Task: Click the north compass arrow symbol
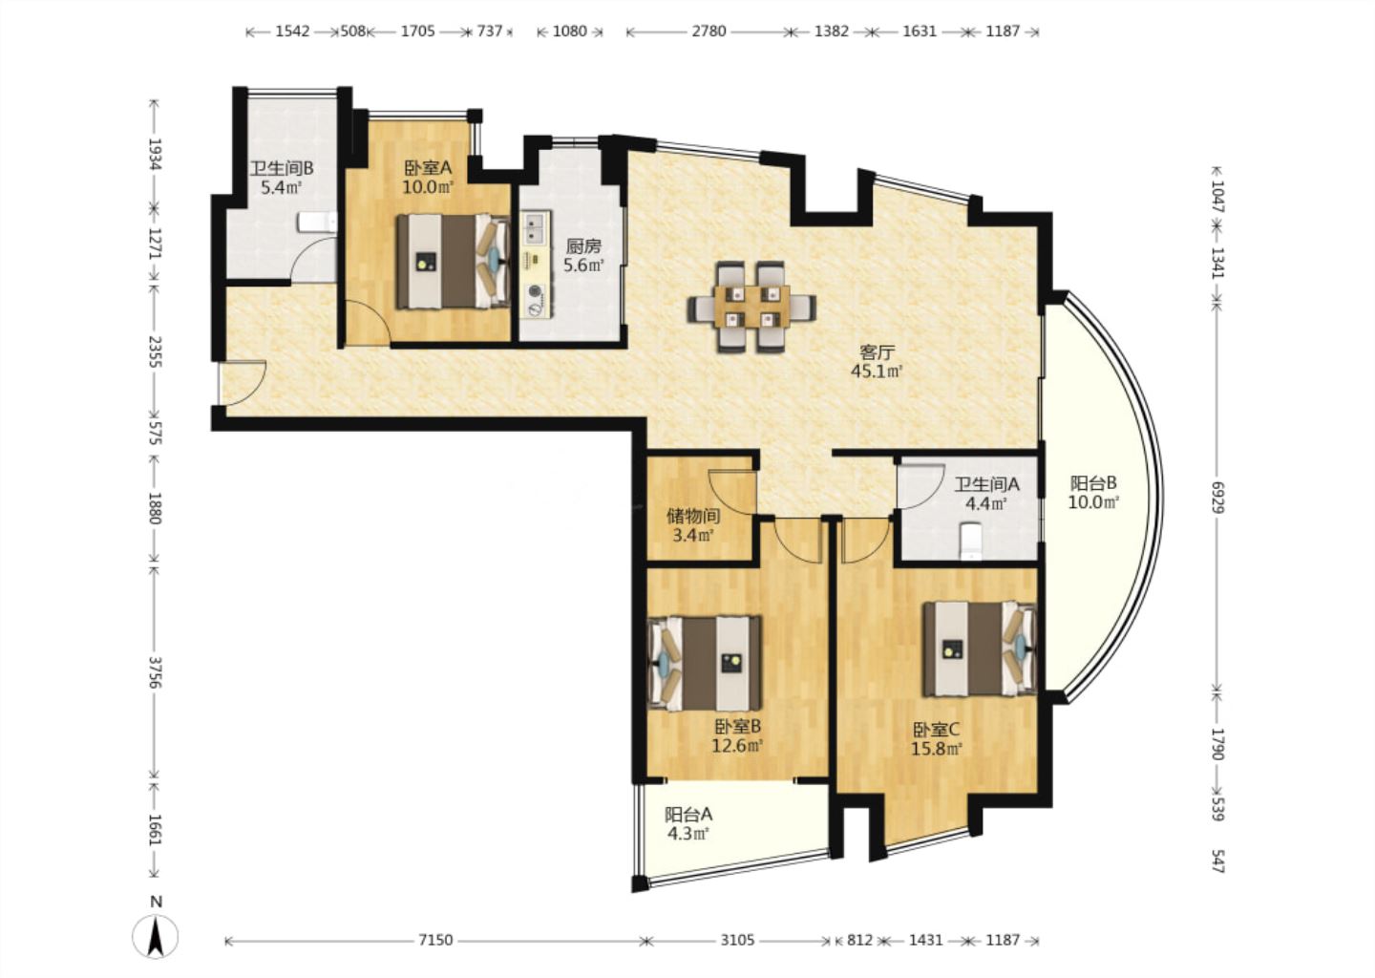(156, 936)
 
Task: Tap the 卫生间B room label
(282, 167)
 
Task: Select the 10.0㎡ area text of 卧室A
(428, 187)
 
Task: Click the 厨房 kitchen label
(583, 246)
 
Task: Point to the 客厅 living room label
(877, 352)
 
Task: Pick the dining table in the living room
(752, 307)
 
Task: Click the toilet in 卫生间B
(317, 222)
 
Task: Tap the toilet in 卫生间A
(971, 541)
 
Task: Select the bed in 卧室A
(453, 261)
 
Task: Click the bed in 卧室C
(980, 648)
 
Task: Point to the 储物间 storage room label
(693, 516)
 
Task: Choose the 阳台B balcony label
(1093, 482)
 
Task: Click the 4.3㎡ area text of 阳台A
(688, 834)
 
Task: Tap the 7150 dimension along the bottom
(435, 940)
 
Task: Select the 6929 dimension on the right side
(1218, 498)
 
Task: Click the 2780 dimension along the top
(709, 31)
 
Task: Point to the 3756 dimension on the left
(156, 671)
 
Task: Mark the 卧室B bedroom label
(738, 726)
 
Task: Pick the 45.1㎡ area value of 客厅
(877, 371)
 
